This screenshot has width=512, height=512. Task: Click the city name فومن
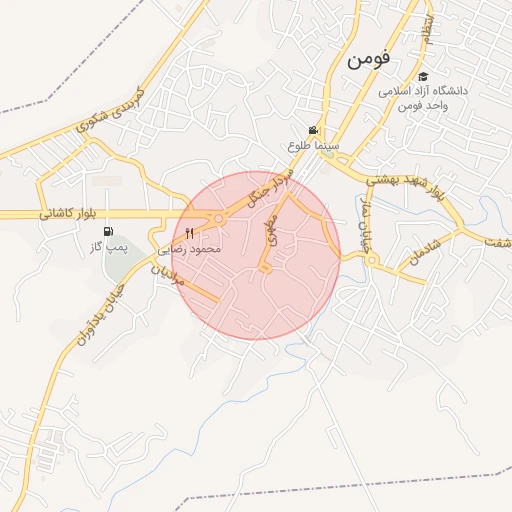pos(369,61)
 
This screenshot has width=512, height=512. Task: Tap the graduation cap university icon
pos(423,77)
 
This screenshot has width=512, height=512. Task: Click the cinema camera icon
pos(314,131)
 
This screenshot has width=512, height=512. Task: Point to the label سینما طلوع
pos(314,146)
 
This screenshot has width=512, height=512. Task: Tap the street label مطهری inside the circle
pos(278,234)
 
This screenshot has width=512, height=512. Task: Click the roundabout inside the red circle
pos(218,220)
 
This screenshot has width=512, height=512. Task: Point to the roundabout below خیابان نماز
pos(372,260)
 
